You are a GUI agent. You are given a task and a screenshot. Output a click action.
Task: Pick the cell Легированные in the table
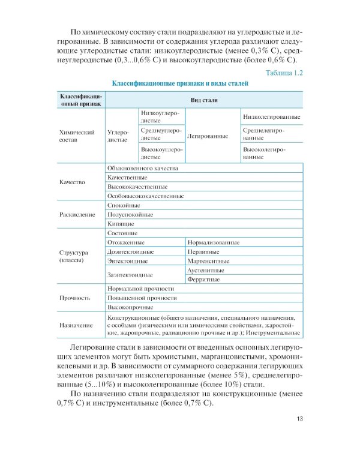pos(208,136)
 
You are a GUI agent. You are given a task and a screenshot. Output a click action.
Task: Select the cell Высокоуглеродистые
pos(161,152)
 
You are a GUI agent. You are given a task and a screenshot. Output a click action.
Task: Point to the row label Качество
pos(73,182)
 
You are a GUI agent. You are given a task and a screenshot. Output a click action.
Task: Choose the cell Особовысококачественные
pos(145,196)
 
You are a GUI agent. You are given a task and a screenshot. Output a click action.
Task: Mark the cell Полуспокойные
pos(130,214)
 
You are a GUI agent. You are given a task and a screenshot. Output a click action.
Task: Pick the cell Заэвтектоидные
pos(130,275)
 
